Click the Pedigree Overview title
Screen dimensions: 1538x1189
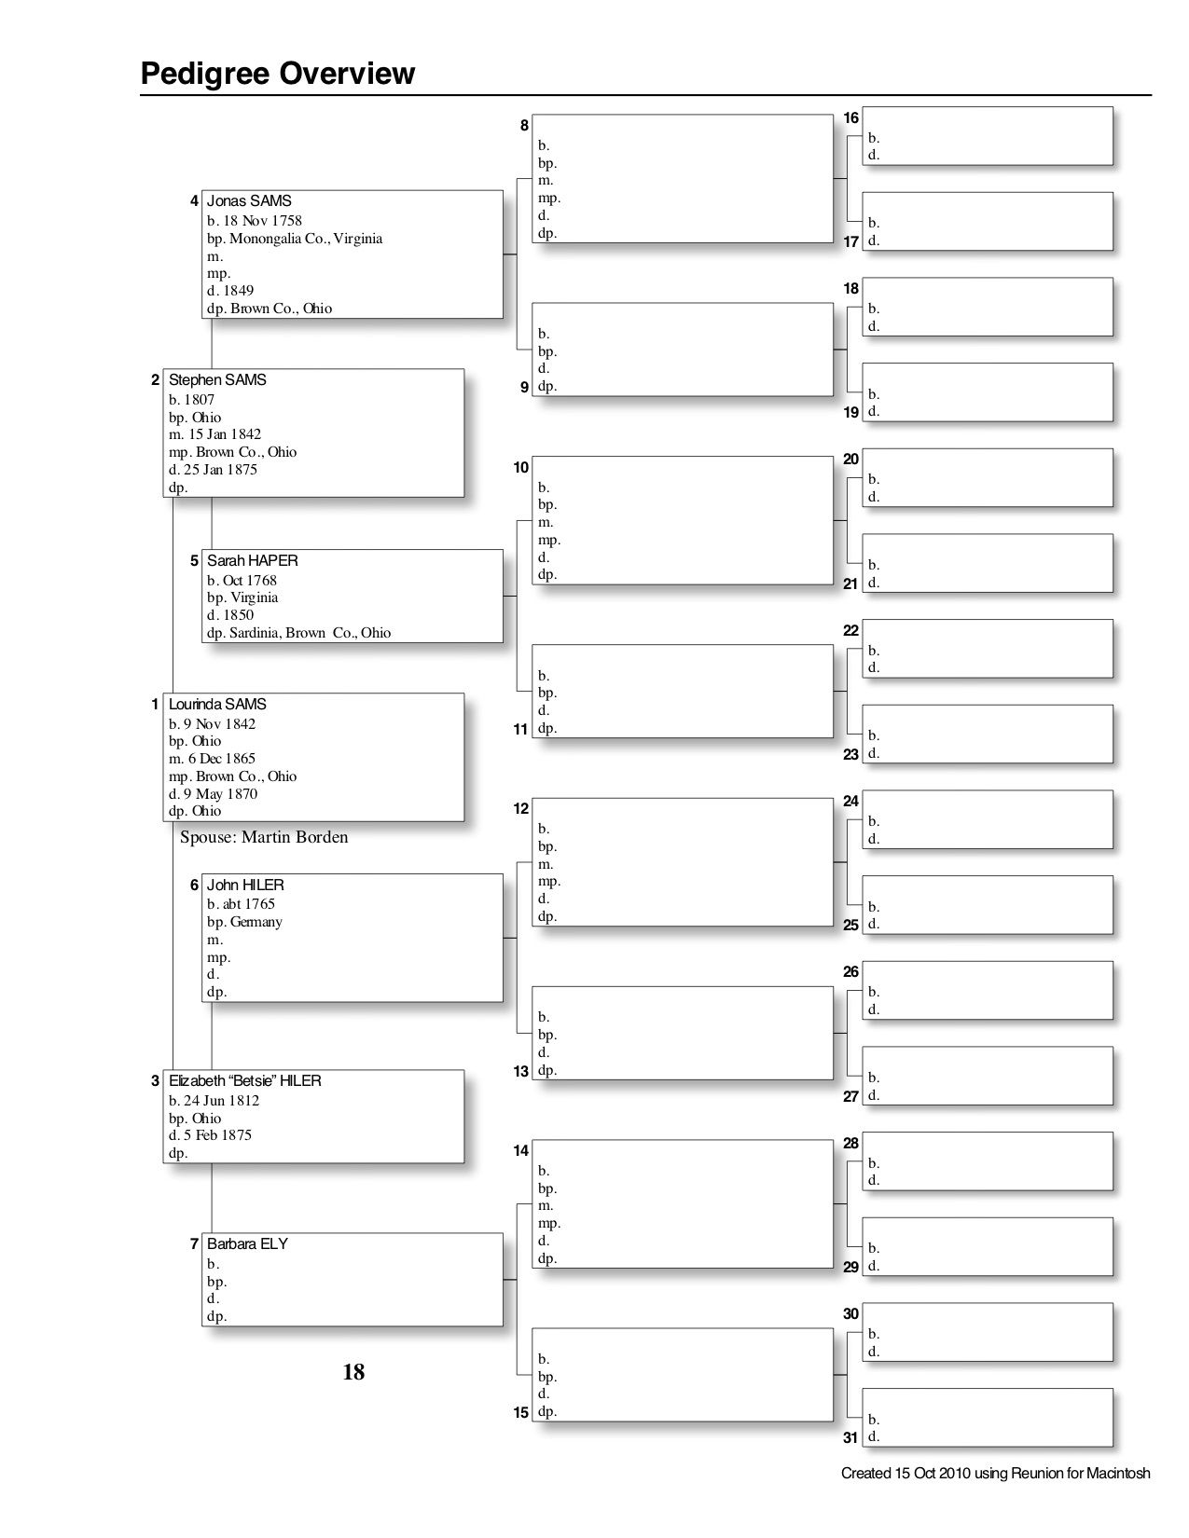(x=277, y=74)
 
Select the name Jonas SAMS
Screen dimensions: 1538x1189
(x=249, y=201)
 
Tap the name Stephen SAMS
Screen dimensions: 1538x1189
(x=217, y=380)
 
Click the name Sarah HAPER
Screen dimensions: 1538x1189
(x=253, y=561)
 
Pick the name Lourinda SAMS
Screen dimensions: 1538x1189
(x=217, y=705)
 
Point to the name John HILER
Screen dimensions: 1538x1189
(x=245, y=886)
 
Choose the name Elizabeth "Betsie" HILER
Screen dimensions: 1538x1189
(x=245, y=1081)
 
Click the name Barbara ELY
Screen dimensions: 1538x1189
(x=247, y=1244)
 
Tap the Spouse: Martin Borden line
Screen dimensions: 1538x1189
(x=264, y=837)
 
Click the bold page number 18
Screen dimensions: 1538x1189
(x=353, y=1372)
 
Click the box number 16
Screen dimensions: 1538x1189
(x=850, y=118)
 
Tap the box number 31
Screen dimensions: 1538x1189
(x=850, y=1437)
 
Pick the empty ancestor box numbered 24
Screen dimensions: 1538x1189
(x=988, y=819)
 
